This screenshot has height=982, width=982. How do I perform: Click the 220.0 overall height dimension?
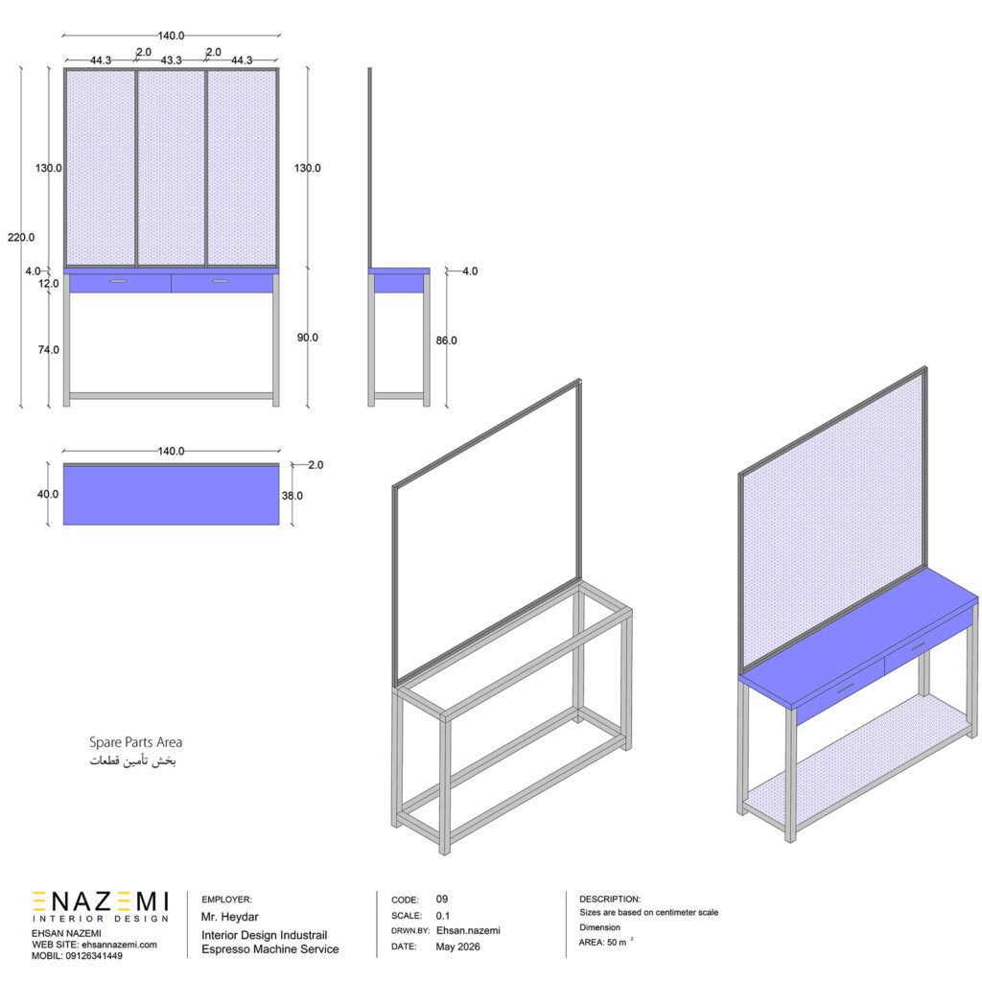pyautogui.click(x=21, y=238)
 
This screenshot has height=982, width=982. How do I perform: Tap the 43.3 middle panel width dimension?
pyautogui.click(x=171, y=60)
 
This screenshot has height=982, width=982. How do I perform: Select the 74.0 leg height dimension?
pyautogui.click(x=48, y=349)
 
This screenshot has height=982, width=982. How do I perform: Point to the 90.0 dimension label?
pyautogui.click(x=308, y=338)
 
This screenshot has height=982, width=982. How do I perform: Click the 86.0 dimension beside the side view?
pyautogui.click(x=447, y=340)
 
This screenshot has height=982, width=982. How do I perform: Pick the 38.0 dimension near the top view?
pyautogui.click(x=292, y=496)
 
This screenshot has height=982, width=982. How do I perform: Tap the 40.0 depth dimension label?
pyautogui.click(x=48, y=494)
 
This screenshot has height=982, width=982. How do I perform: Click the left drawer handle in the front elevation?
pyautogui.click(x=118, y=281)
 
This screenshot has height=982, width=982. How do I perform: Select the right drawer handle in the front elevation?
pyautogui.click(x=221, y=281)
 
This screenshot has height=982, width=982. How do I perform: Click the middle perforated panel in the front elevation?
pyautogui.click(x=171, y=168)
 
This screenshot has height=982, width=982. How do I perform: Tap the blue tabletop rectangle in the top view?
pyautogui.click(x=171, y=496)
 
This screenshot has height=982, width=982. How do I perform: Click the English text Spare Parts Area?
pyautogui.click(x=135, y=742)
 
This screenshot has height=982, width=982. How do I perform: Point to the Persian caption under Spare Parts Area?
pyautogui.click(x=132, y=760)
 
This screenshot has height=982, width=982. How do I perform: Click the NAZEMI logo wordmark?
pyautogui.click(x=100, y=901)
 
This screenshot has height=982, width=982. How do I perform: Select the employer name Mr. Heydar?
pyautogui.click(x=230, y=917)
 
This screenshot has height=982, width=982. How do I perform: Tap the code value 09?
pyautogui.click(x=442, y=899)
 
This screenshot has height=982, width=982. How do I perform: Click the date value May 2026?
pyautogui.click(x=457, y=947)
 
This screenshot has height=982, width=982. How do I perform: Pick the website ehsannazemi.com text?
pyautogui.click(x=119, y=945)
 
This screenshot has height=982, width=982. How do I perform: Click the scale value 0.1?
pyautogui.click(x=443, y=916)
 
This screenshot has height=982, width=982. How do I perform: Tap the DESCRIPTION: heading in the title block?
pyautogui.click(x=610, y=899)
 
